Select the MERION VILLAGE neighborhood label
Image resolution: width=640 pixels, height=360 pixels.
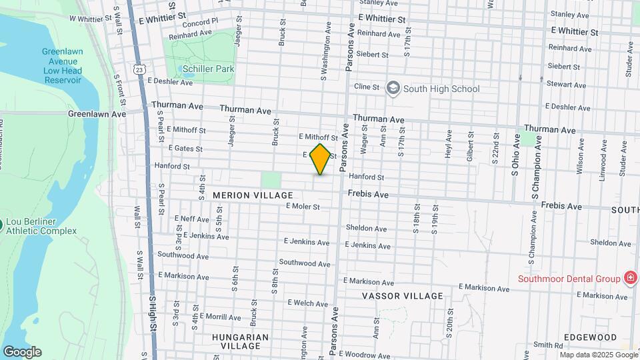click(253, 195)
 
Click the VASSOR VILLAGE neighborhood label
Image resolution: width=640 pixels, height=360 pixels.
click(403, 295)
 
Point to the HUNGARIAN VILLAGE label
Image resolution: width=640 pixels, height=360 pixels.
click(240, 341)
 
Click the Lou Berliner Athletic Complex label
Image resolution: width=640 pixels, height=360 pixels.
click(43, 227)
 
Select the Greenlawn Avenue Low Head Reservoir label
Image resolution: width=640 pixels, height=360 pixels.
click(61, 65)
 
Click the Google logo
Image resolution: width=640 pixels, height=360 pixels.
click(22, 352)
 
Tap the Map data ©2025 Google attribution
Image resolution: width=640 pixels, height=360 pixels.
click(595, 353)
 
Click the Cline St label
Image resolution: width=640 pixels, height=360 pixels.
click(367, 87)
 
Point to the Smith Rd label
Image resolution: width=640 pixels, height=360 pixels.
click(548, 345)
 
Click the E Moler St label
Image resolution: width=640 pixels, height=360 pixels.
click(303, 207)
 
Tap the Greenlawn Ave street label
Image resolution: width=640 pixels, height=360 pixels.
click(97, 114)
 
